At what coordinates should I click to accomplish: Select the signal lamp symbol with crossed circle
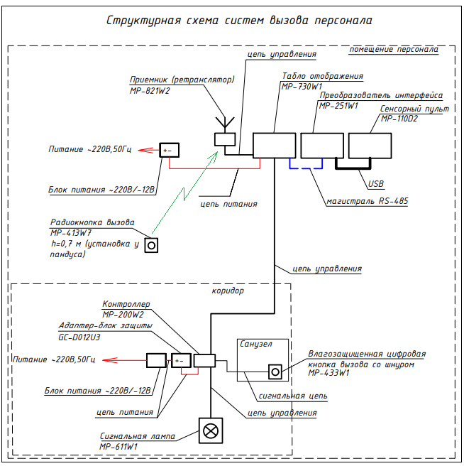(211, 430)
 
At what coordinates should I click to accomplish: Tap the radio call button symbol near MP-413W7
(151, 246)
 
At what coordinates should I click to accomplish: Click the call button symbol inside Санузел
(275, 372)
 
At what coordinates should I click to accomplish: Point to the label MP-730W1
(302, 87)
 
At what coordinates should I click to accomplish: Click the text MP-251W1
(338, 106)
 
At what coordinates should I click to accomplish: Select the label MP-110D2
(399, 119)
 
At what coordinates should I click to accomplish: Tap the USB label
(376, 184)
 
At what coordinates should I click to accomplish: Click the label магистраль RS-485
(368, 201)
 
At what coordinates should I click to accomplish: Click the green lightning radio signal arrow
(184, 193)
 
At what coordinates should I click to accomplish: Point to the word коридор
(228, 291)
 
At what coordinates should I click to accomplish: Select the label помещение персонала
(394, 49)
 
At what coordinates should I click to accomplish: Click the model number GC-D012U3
(79, 337)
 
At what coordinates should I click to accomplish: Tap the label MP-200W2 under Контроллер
(123, 315)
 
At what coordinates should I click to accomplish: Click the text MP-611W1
(118, 447)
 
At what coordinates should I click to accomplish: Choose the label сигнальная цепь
(293, 396)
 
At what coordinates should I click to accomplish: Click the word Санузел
(256, 344)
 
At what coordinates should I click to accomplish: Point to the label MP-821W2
(150, 91)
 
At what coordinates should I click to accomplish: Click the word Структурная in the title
(143, 21)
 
